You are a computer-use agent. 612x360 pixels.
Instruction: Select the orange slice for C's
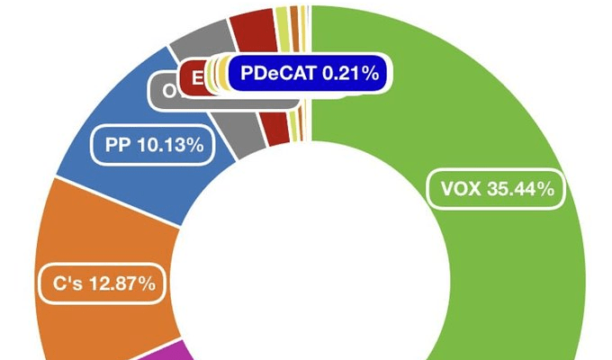tap(99, 234)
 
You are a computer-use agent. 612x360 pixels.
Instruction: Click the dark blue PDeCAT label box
tap(306, 74)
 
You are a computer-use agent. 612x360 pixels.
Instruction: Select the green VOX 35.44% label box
tap(496, 189)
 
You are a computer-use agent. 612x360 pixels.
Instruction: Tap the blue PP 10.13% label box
tap(153, 144)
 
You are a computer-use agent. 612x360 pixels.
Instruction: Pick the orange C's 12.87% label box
tap(99, 284)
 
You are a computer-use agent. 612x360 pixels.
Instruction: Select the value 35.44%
tap(519, 189)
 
